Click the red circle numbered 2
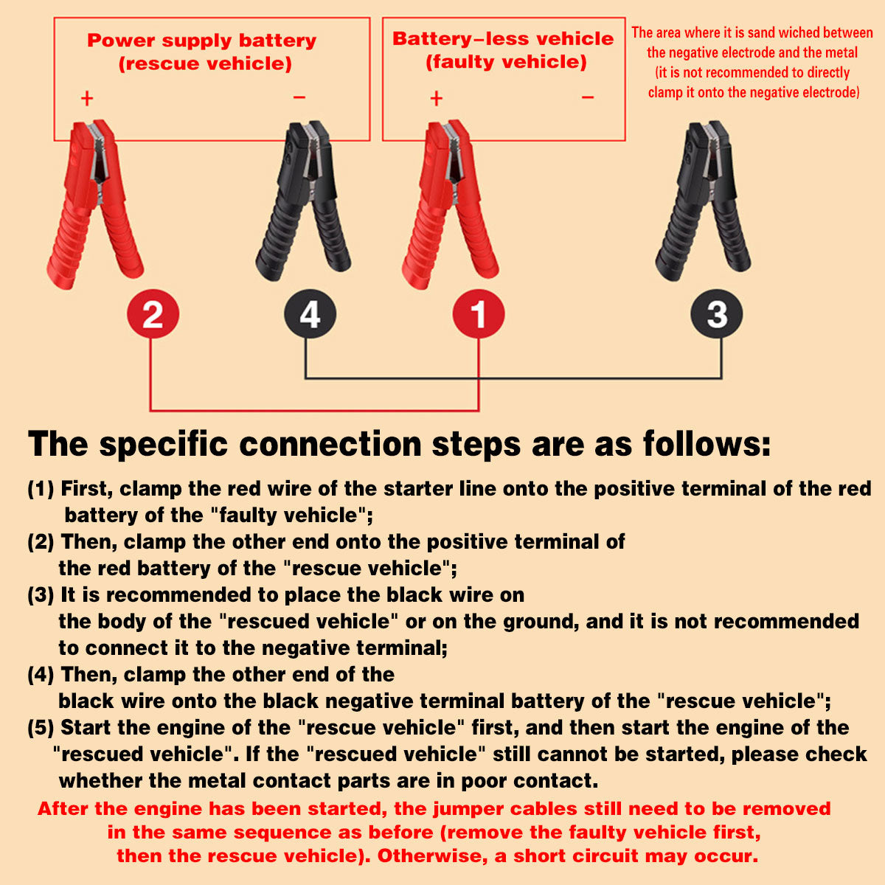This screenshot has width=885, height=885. click(153, 314)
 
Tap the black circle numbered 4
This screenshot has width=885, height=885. click(310, 314)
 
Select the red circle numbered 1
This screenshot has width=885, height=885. click(478, 314)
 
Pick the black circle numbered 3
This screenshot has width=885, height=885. click(716, 314)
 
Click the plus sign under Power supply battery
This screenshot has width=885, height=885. click(87, 98)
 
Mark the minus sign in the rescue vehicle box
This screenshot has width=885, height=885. click(299, 97)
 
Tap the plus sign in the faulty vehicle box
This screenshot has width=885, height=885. click(436, 98)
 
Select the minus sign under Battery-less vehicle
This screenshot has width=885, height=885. click(587, 97)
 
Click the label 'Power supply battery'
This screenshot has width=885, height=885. click(201, 41)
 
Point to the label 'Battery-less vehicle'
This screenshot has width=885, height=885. click(503, 39)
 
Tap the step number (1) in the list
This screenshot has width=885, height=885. click(41, 489)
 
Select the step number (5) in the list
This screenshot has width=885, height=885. click(41, 728)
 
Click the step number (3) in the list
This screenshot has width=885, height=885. click(41, 595)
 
